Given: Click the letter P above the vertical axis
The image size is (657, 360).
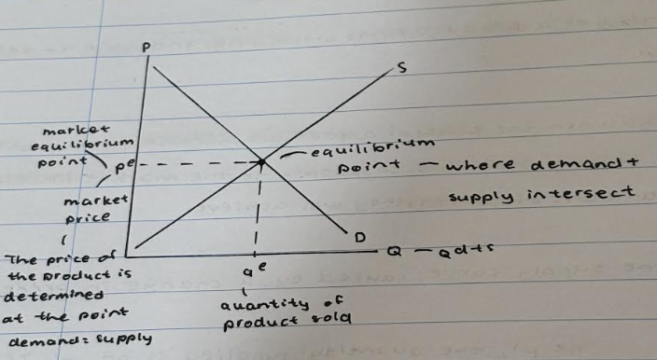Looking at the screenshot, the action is pyautogui.click(x=147, y=46).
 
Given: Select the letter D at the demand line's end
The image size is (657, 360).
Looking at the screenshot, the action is pyautogui.click(x=358, y=238).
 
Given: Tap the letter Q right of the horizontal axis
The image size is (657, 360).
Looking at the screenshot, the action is pyautogui.click(x=397, y=251).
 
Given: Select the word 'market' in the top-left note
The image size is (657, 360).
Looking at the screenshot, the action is pyautogui.click(x=83, y=127).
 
